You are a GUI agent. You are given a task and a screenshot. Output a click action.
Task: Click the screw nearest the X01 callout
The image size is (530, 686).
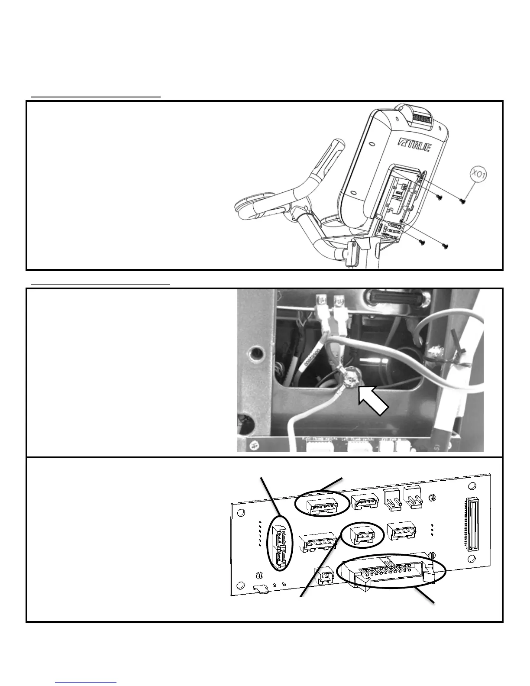pyautogui.click(x=462, y=201)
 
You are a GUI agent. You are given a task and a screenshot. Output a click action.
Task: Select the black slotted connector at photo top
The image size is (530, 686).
pyautogui.click(x=390, y=298)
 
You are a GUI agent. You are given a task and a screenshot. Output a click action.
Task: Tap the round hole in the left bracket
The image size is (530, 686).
pyautogui.click(x=256, y=353)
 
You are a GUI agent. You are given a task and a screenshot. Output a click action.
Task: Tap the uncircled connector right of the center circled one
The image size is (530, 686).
pyautogui.click(x=401, y=532)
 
